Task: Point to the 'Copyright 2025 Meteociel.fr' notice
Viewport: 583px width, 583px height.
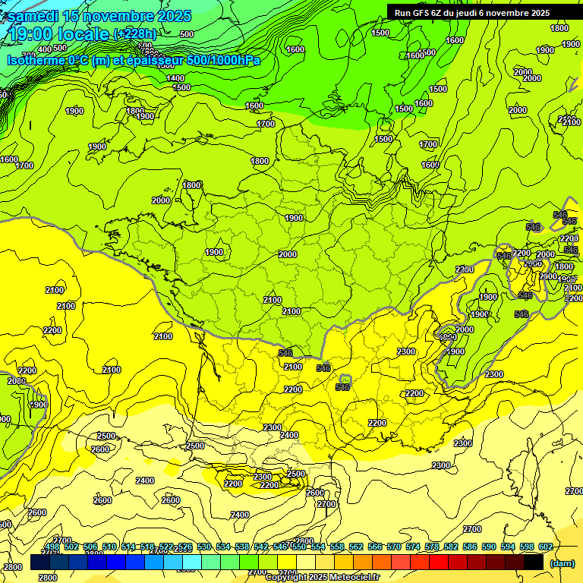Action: click(x=322, y=577)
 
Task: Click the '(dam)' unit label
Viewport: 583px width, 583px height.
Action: click(x=562, y=563)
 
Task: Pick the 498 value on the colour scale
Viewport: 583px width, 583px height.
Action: click(x=52, y=547)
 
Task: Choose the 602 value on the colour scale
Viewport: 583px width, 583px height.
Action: click(x=545, y=547)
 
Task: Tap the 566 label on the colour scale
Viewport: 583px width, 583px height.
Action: click(x=375, y=547)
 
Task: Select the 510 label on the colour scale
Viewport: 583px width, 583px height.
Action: click(x=109, y=547)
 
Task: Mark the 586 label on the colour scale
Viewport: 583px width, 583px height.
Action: click(x=470, y=547)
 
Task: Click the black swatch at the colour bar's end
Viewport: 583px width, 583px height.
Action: click(x=534, y=563)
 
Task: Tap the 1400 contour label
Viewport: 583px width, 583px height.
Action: click(x=175, y=78)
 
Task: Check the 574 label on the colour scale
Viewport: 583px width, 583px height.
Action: click(x=413, y=547)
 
